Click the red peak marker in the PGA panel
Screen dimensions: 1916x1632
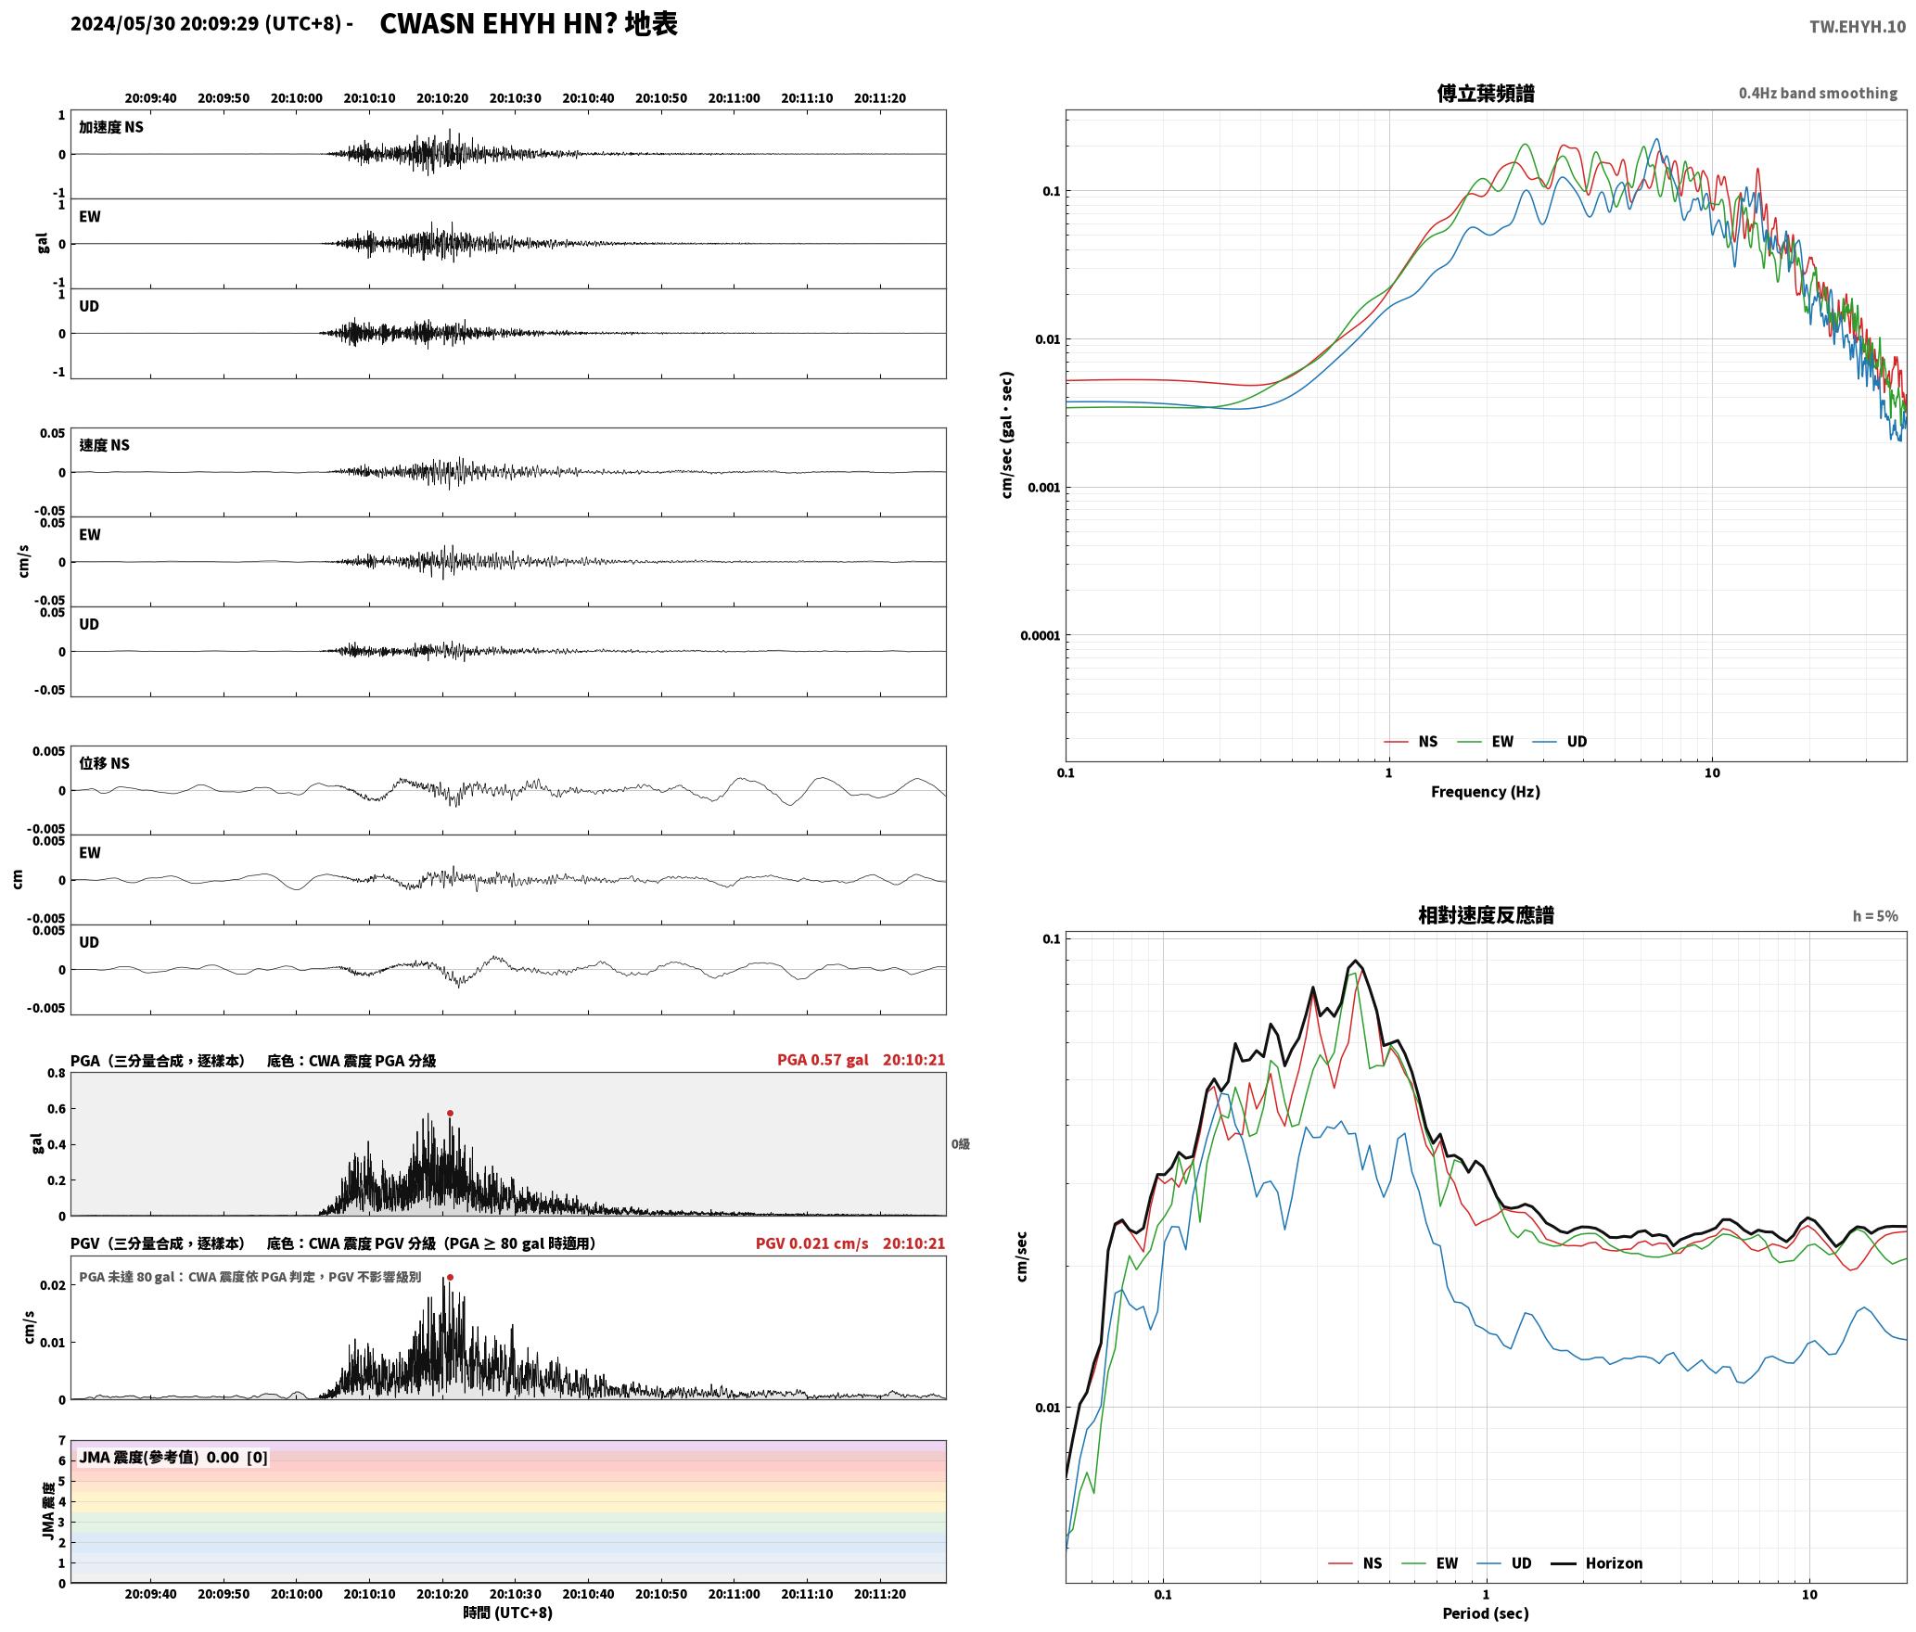coord(450,1113)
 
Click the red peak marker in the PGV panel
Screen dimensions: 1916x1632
coord(450,1277)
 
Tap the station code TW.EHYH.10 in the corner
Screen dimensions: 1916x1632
coord(1857,26)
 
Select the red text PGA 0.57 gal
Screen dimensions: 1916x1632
coord(823,1060)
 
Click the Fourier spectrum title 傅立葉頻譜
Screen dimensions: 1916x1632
coord(1485,93)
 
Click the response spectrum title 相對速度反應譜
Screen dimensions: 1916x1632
coord(1485,915)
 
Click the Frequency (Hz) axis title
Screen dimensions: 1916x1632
coord(1485,791)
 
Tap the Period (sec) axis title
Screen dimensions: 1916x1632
coord(1485,1613)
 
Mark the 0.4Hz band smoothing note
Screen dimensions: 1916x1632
coord(1818,93)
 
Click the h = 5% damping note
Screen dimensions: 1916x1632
coord(1875,916)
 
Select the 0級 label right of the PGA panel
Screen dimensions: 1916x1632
coord(960,1143)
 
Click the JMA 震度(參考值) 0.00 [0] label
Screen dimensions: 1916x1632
coord(173,1457)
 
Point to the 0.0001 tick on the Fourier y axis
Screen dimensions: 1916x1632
coord(1040,635)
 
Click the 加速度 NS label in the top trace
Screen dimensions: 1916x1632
coord(111,127)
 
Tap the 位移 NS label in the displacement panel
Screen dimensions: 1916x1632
coord(104,763)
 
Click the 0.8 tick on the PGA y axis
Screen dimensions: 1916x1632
coord(56,1073)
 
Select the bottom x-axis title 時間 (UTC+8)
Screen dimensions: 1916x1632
coord(508,1613)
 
